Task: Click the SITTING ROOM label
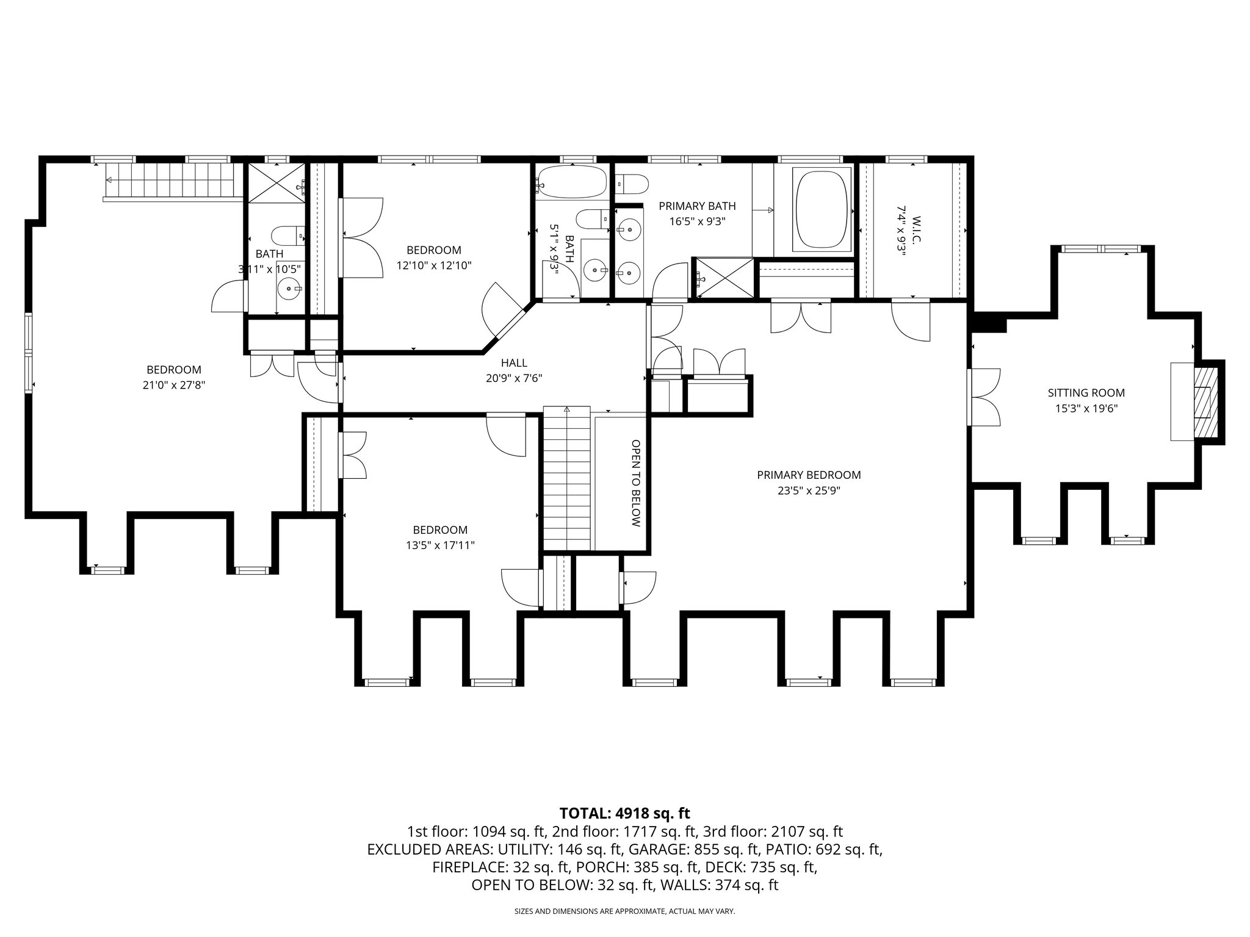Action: (x=1086, y=393)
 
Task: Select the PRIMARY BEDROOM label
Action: (x=809, y=475)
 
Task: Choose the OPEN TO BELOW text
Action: (x=635, y=483)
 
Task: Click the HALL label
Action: (x=514, y=363)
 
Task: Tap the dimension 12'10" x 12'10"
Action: (x=434, y=265)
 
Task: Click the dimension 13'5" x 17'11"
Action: (x=440, y=545)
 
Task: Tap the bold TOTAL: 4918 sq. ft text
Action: (x=624, y=813)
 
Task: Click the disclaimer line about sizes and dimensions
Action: (x=624, y=911)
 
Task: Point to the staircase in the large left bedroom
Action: (x=171, y=181)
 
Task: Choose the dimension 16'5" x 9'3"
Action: (x=697, y=222)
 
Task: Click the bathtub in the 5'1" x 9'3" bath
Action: (x=573, y=182)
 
